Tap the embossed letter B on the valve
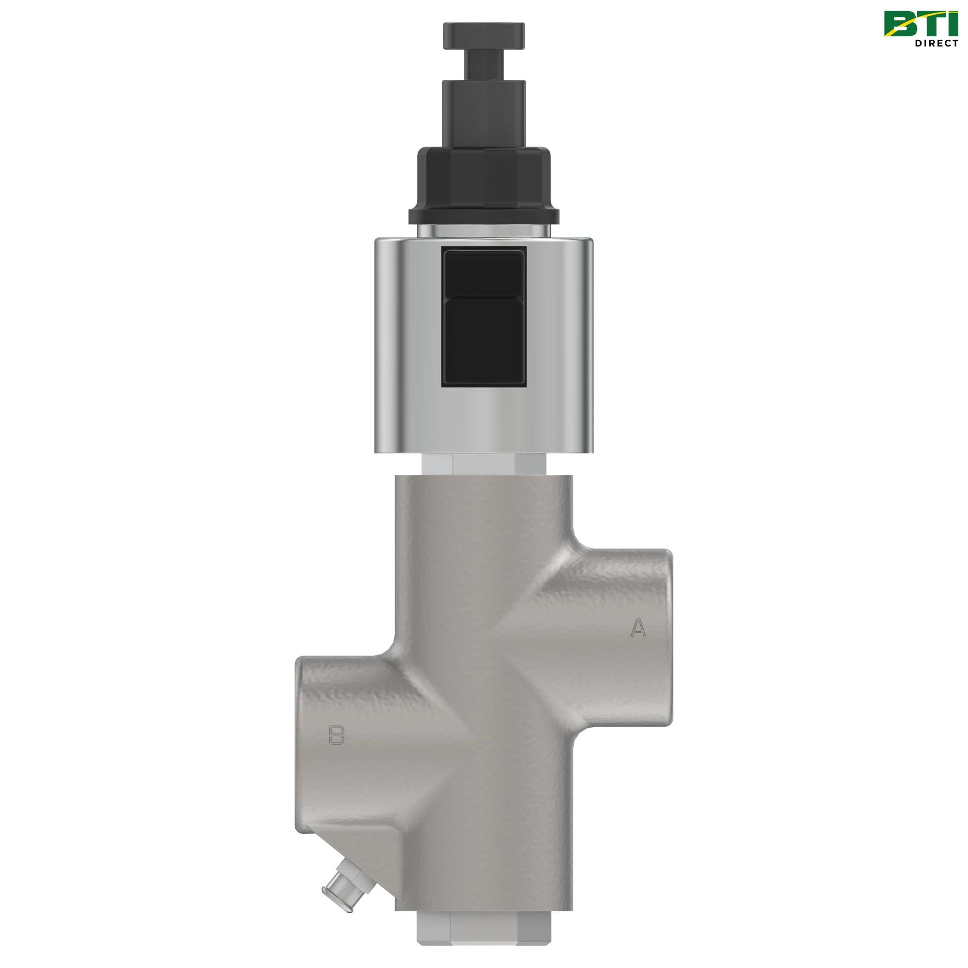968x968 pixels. click(x=337, y=736)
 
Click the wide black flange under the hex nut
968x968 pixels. click(x=484, y=216)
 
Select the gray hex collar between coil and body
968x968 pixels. click(x=484, y=463)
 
